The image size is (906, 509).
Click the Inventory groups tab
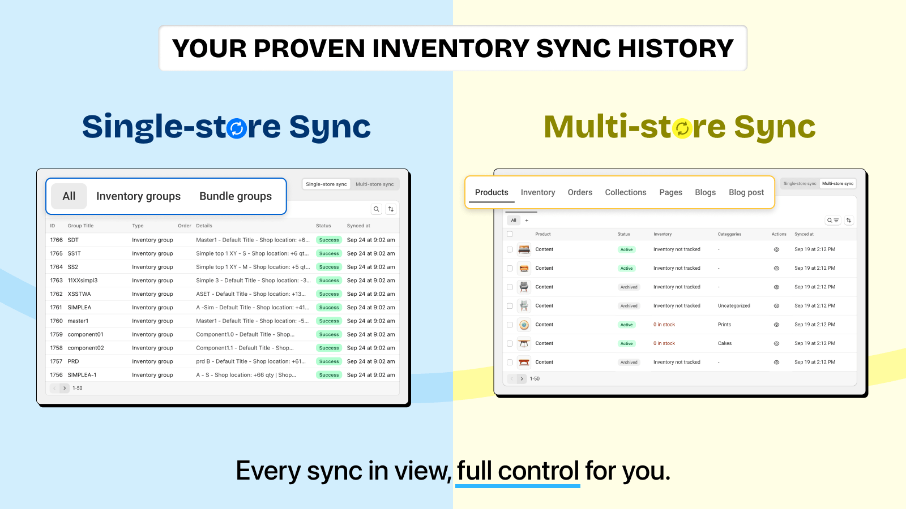click(x=138, y=196)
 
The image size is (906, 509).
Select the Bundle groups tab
click(x=236, y=196)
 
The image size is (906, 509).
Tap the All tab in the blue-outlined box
click(x=69, y=196)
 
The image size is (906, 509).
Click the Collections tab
click(x=625, y=192)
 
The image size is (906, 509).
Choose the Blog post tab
click(x=746, y=192)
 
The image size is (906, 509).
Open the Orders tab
click(x=580, y=192)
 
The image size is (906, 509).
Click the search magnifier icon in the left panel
click(x=376, y=209)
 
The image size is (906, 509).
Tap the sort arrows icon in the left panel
click(x=391, y=209)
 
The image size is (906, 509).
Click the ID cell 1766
click(x=56, y=240)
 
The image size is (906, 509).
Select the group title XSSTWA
click(x=79, y=294)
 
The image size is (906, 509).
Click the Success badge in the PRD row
click(x=329, y=361)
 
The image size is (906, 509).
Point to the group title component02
click(x=86, y=348)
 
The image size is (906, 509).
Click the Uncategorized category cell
click(x=734, y=306)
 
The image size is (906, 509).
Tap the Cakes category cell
click(x=724, y=343)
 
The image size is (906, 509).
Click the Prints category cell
click(x=724, y=325)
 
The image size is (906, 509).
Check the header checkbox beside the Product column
click(x=510, y=234)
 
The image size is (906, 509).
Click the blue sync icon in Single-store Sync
click(x=237, y=128)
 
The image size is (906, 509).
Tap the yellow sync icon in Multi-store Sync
click(x=682, y=128)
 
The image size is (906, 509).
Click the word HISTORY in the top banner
click(x=676, y=49)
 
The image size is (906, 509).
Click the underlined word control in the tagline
click(x=539, y=471)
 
